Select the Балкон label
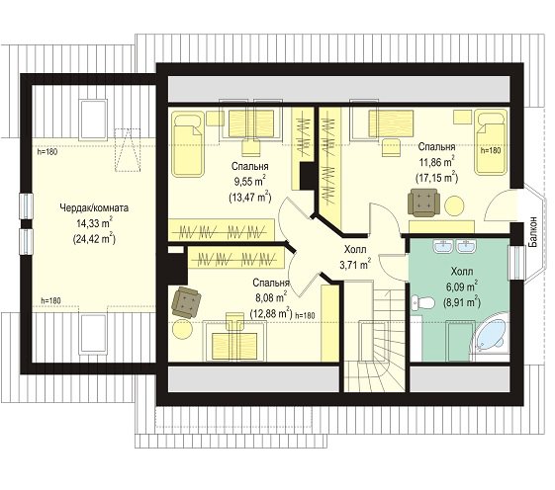point(532,231)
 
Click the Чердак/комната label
point(94,207)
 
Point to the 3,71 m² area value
point(355,264)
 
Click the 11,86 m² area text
point(437,162)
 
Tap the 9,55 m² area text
point(249,182)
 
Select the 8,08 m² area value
point(271,297)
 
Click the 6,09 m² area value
point(462,286)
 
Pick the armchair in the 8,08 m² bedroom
point(186,302)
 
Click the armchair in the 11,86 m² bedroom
point(423,203)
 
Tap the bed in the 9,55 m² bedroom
point(188,144)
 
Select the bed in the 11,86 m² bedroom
point(491,142)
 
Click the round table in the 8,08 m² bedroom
point(183,329)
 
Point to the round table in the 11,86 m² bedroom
point(454,205)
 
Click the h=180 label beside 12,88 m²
point(305,315)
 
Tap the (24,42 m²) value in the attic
point(94,239)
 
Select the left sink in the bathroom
point(443,246)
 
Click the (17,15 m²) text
point(437,177)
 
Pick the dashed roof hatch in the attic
point(128,150)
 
